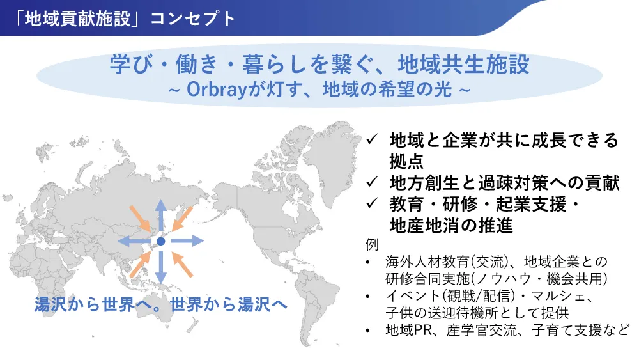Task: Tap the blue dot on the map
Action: (x=161, y=241)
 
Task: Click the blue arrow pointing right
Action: (x=187, y=241)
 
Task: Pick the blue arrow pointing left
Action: (x=134, y=241)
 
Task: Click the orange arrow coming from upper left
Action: (x=141, y=217)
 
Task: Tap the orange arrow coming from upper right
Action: (x=182, y=219)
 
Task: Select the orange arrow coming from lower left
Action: (x=140, y=264)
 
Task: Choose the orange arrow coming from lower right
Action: (x=182, y=264)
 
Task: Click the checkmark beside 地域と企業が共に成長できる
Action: (x=372, y=140)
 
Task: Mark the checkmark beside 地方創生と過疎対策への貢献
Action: (x=372, y=182)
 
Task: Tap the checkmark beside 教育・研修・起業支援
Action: (x=372, y=203)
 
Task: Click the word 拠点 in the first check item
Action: (x=406, y=161)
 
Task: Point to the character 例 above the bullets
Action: (x=372, y=245)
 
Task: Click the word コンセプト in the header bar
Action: (x=193, y=19)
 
